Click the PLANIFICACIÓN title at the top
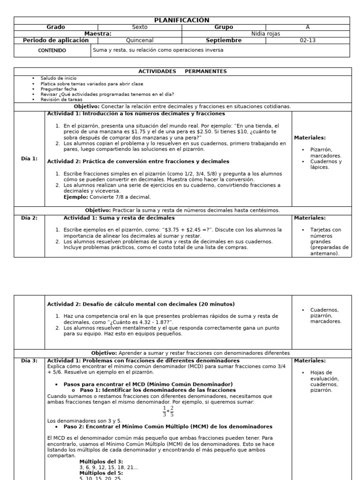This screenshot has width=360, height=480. (181, 20)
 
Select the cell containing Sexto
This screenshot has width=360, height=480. (139, 27)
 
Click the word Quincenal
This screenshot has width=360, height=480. (139, 40)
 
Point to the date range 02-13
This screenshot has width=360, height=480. (307, 40)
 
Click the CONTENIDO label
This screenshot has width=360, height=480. (52, 50)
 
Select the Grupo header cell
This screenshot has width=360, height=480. (223, 27)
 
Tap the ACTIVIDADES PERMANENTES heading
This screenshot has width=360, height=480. (182, 71)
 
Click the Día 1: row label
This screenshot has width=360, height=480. (29, 158)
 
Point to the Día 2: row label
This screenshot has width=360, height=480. (29, 218)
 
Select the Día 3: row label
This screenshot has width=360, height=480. (29, 360)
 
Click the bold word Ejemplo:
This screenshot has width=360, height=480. (75, 197)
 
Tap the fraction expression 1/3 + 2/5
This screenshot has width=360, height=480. (168, 411)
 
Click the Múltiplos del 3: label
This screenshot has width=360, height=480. (101, 462)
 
